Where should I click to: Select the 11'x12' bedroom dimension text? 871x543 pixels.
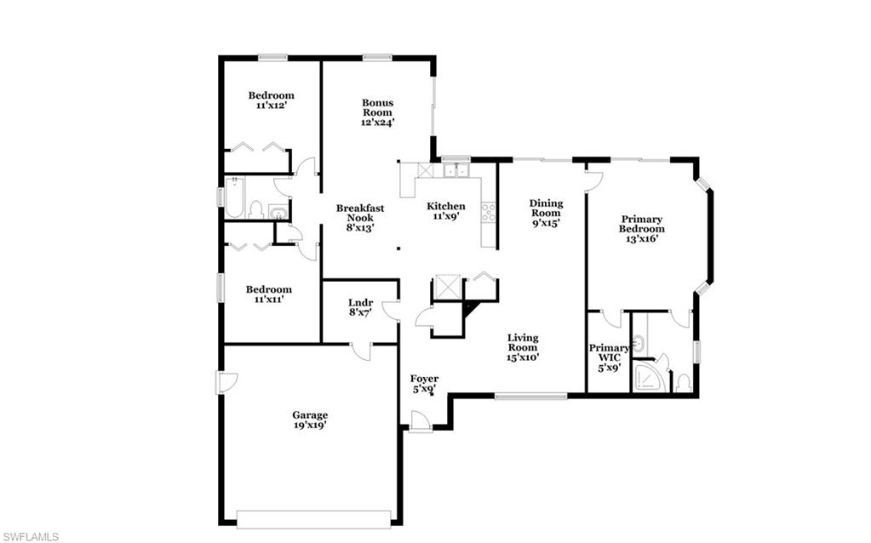click(271, 106)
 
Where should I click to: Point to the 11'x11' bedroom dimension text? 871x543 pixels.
click(269, 300)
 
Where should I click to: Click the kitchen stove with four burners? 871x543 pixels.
click(489, 212)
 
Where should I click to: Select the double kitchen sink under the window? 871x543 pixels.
click(456, 170)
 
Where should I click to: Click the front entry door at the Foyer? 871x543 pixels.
click(419, 422)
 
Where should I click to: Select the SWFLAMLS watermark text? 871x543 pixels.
click(30, 536)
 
